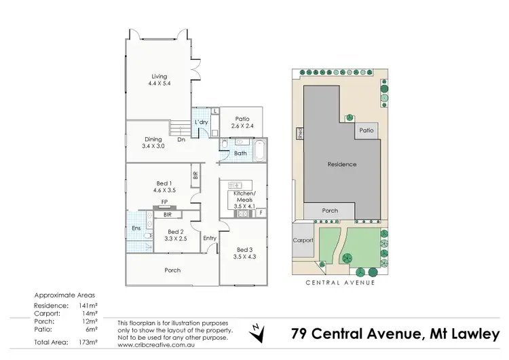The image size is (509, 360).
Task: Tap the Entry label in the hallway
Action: [210, 238]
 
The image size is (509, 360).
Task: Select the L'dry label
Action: [201, 122]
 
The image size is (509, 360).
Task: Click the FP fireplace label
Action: [164, 202]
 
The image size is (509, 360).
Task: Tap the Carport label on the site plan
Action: [303, 241]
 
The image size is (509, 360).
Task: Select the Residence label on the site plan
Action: [342, 164]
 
